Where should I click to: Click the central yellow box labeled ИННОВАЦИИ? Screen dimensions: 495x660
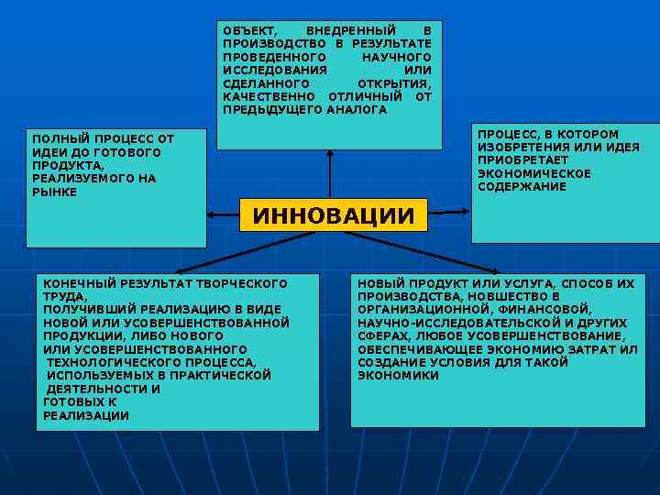(x=334, y=217)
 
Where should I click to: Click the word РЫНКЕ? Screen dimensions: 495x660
(x=55, y=192)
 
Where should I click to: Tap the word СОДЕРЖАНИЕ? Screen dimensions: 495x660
(x=522, y=187)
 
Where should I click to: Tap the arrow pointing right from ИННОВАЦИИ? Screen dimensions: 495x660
(x=450, y=215)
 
